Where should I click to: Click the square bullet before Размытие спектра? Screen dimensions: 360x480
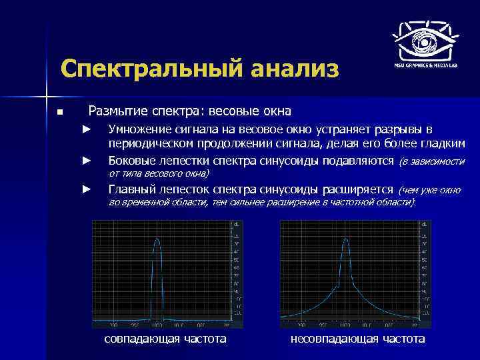(x=59, y=111)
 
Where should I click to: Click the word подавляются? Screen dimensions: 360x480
(x=359, y=161)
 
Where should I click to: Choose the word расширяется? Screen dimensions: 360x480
(x=360, y=189)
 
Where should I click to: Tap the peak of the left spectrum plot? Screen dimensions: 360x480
(x=157, y=238)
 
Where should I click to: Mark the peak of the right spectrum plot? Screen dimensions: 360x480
(x=345, y=239)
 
